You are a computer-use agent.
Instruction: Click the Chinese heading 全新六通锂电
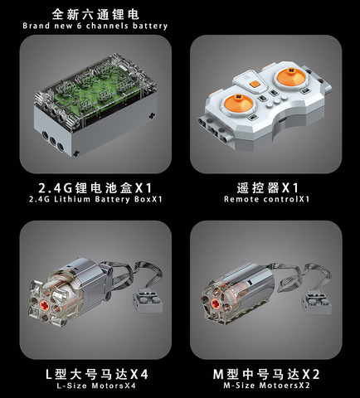point(95,14)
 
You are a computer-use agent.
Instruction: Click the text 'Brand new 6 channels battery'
point(95,26)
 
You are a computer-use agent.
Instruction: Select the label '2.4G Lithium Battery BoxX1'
point(95,199)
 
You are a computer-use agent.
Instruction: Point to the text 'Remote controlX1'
point(266,199)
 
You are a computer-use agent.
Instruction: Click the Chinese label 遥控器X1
point(268,188)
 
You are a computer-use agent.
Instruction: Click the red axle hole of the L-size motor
point(45,305)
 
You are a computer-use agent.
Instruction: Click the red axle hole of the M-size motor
point(216,304)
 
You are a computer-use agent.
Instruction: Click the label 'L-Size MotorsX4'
point(96,386)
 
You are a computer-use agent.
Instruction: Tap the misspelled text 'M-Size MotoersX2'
point(266,386)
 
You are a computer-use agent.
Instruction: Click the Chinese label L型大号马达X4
point(96,375)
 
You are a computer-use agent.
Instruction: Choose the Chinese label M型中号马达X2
point(266,374)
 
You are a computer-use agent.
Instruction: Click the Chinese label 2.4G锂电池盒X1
point(95,188)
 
